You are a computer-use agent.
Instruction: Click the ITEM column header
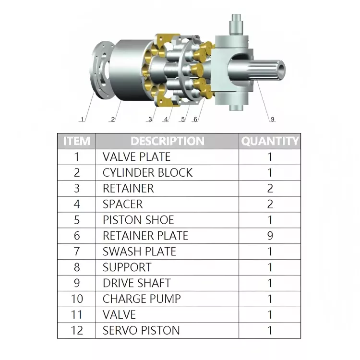pos(76,141)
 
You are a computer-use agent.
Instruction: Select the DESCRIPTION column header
pos(167,141)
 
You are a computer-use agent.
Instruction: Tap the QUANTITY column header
pos(270,141)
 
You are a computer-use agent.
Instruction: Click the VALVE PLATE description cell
pos(136,157)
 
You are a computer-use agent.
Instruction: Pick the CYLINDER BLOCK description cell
pos(147,173)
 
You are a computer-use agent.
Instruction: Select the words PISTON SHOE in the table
pos(138,220)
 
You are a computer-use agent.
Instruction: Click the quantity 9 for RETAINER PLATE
pos(270,236)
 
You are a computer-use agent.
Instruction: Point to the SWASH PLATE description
pos(139,252)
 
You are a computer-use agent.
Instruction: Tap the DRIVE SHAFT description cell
pos(136,283)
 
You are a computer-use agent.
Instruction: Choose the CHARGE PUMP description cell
pos(142,299)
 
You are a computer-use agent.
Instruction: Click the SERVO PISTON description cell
pos(141,331)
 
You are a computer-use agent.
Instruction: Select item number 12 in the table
pos(76,331)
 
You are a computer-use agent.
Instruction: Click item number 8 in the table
pos(76,267)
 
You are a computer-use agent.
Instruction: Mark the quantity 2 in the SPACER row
pos(270,204)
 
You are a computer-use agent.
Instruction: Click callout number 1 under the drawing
pos(83,119)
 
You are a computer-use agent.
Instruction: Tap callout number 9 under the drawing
pos(272,119)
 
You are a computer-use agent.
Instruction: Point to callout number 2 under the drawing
pos(113,119)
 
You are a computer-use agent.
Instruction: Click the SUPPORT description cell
pos(127,267)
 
